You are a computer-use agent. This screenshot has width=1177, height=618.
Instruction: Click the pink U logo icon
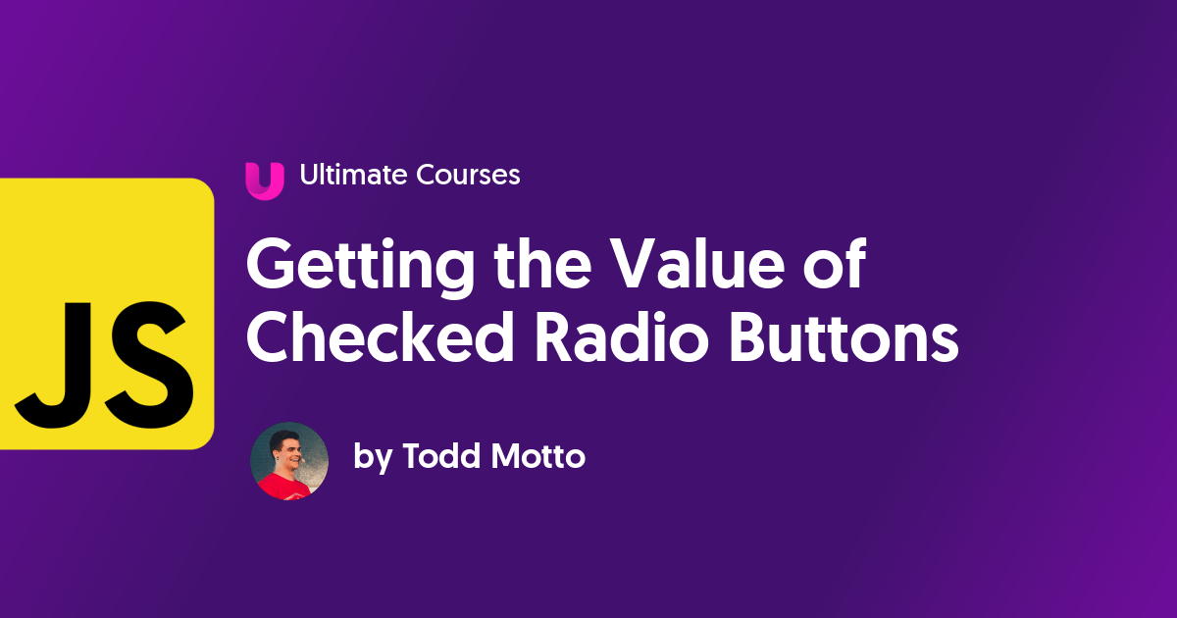264,180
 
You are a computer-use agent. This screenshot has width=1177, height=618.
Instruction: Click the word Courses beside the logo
469,176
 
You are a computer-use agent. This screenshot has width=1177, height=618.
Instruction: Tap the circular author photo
289,461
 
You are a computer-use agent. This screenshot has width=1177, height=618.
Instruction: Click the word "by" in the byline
372,458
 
